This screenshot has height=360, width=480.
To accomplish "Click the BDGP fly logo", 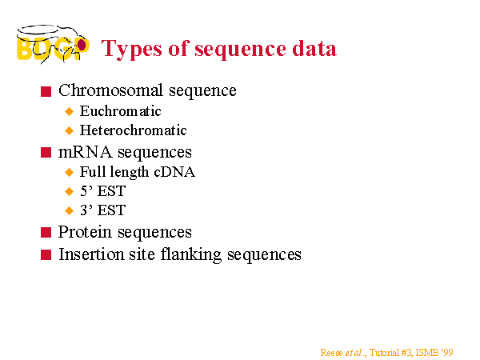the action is coord(53,44).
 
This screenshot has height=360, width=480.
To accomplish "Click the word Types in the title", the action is coord(132,50).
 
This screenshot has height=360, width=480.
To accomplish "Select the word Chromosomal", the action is coord(110,90).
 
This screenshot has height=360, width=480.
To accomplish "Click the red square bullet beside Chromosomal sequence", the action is coord(46,91).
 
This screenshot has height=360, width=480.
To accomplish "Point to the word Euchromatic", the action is coord(120,111).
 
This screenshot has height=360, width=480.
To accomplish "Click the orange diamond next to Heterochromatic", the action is coord(70,130).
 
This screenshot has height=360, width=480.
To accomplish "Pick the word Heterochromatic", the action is coord(133,130).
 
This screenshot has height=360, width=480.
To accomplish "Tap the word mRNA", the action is coord(85,152).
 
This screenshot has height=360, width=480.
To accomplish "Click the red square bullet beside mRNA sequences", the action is coord(46,153).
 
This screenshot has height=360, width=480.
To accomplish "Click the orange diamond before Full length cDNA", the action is coord(70,172).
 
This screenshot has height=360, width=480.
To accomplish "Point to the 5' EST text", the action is coord(103,191).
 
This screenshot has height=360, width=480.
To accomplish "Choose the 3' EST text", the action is coord(103,210).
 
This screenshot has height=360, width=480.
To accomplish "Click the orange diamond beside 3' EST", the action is coord(70,210).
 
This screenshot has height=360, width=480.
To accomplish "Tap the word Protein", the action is coord(85,232).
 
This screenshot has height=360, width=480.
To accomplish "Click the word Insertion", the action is coord(91,254).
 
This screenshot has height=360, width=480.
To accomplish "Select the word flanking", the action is coord(191,255).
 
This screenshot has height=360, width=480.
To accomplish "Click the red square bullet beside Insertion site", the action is coord(46,254).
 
